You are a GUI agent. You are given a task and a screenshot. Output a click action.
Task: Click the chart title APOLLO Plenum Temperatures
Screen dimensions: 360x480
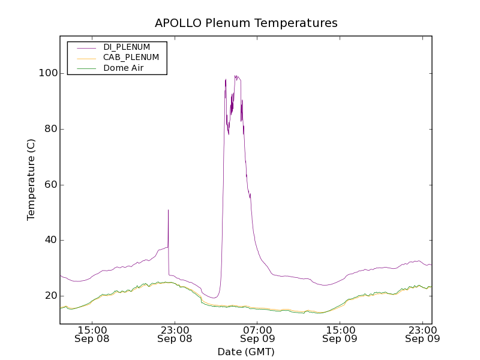coord(246,23)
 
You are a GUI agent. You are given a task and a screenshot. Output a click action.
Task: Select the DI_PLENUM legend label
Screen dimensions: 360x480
coord(127,47)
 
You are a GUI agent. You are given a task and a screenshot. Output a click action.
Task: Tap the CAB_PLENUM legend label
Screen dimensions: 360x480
coord(131,58)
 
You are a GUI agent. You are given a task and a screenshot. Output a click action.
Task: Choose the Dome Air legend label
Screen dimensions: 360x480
coord(123,68)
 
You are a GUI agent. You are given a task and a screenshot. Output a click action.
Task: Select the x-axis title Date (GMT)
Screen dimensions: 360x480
coord(246,352)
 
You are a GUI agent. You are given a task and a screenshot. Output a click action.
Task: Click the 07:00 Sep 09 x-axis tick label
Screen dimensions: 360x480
coord(257,334)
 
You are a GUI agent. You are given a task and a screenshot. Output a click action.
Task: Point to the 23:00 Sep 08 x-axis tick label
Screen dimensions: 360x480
coord(175,334)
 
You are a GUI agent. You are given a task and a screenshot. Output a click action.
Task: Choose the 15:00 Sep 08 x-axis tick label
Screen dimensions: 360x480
coord(92,334)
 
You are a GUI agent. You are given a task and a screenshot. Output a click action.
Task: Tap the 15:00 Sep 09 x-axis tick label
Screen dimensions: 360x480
coord(340,334)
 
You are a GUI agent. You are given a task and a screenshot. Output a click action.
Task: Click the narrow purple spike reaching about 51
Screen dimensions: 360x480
coord(168,211)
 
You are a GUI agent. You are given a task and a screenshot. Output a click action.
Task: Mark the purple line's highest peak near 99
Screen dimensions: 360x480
coord(236,76)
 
